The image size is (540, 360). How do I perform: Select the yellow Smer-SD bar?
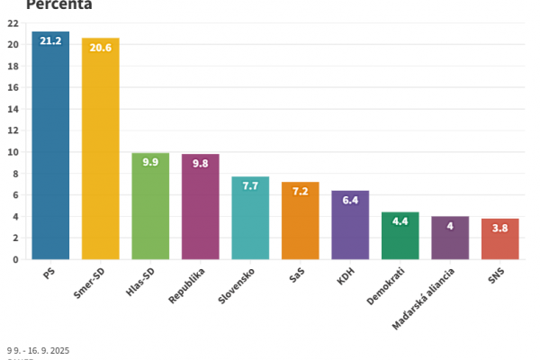click(100, 153)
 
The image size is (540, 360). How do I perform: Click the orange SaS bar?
click(300, 225)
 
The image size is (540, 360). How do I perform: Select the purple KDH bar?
click(350, 229)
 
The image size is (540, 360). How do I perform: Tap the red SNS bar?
click(499, 241)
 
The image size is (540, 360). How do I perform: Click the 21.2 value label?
click(50, 41)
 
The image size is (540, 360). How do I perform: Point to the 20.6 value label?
click(100, 48)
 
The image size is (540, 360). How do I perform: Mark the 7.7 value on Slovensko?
click(250, 186)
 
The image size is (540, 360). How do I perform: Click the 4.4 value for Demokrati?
click(400, 221)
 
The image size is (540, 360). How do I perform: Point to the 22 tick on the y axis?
click(13, 23)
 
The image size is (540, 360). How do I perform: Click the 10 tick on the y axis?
click(13, 152)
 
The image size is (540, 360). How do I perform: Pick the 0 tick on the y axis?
click(16, 259)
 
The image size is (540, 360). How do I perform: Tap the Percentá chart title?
click(58, 4)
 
